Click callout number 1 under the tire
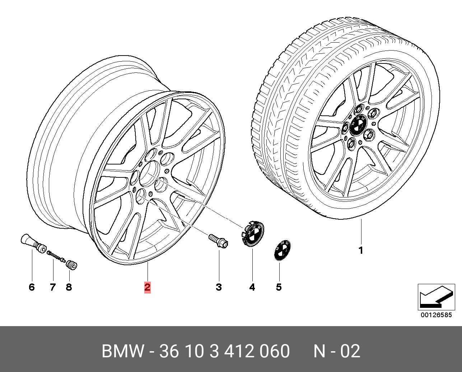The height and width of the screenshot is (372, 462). [361, 251]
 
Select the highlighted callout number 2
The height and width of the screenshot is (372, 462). [148, 287]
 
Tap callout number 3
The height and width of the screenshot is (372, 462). [219, 287]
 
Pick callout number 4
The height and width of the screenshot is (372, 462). [252, 287]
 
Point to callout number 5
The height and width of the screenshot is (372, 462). [279, 287]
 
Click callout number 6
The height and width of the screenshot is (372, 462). [32, 287]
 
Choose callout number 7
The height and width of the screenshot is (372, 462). [53, 287]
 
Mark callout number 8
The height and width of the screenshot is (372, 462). [69, 287]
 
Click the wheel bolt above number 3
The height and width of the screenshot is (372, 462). [218, 241]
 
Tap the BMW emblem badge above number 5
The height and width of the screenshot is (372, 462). [283, 251]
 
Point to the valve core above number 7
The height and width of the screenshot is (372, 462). [56, 256]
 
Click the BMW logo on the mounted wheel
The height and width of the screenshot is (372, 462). [358, 125]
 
